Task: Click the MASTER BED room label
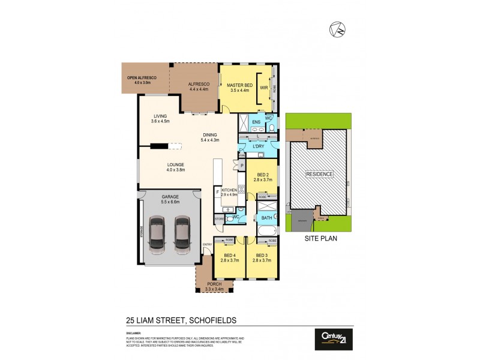[x=238, y=86]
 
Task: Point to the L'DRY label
[x=259, y=147]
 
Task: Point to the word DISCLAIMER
[x=133, y=331]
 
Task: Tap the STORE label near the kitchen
[x=220, y=220]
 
